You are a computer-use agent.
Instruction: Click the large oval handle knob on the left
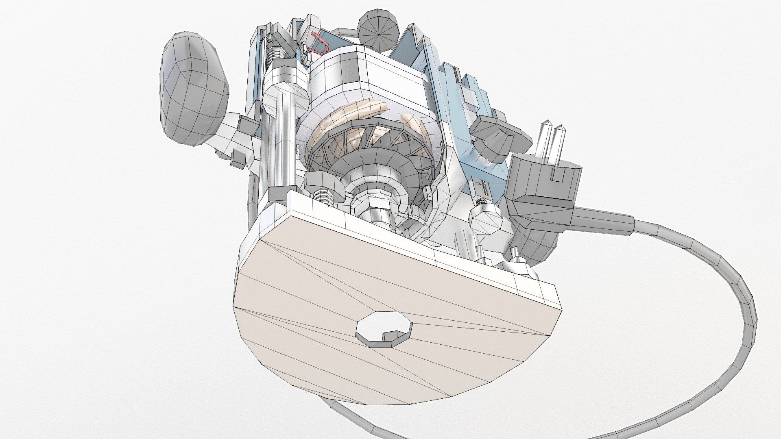(x=193, y=87)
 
